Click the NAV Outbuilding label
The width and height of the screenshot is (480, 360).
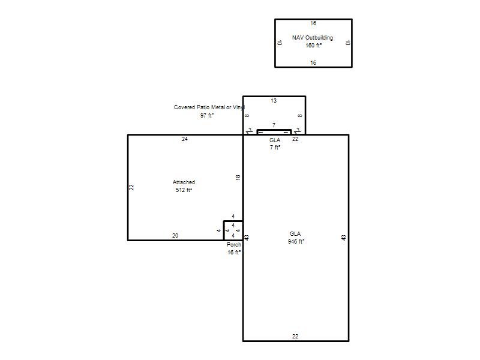pos(312,38)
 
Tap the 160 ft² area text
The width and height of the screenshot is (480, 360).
pos(313,46)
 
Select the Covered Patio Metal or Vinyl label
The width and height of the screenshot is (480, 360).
pos(209,107)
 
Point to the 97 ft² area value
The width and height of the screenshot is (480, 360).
pos(207,115)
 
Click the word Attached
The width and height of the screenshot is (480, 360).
pos(184,182)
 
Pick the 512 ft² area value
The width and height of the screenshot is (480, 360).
pos(184,190)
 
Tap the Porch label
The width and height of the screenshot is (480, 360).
pos(234,245)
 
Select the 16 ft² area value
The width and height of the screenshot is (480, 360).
pos(234,253)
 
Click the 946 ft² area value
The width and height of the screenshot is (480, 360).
pos(296,242)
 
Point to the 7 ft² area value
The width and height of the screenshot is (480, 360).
pos(275,148)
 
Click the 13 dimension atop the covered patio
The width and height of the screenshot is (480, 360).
pos(274,100)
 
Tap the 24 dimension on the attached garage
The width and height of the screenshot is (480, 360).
pos(185,139)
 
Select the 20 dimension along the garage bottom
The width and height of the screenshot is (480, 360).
pos(175,236)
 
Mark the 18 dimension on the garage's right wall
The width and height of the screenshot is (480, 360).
pos(238,177)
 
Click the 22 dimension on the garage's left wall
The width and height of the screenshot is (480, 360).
pos(131,187)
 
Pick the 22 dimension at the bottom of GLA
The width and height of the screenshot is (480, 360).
pos(295,337)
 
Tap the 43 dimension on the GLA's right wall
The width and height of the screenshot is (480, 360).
pos(344,238)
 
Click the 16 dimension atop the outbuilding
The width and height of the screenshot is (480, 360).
pos(313,23)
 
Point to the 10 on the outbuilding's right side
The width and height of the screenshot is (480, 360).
pos(347,43)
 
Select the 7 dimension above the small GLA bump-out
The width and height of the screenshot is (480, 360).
pos(274,125)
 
